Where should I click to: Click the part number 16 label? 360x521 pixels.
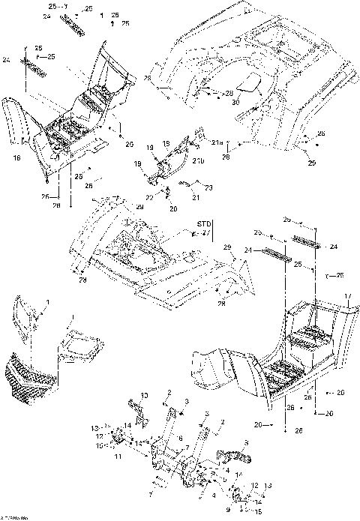(16, 158)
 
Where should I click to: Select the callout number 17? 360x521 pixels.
(346, 296)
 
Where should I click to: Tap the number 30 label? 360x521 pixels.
(235, 101)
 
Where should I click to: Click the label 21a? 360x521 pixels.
(217, 142)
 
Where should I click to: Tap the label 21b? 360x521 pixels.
(199, 161)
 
